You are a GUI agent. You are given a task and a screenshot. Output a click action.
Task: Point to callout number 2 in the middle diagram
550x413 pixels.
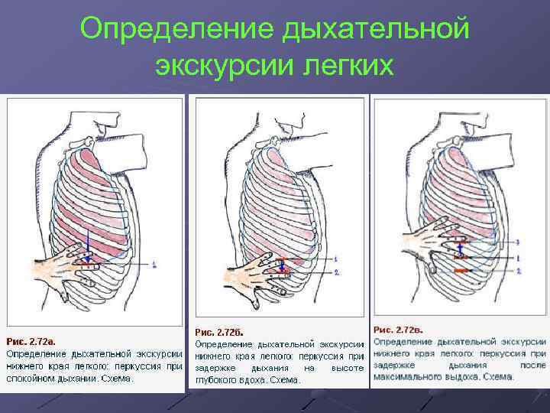337,272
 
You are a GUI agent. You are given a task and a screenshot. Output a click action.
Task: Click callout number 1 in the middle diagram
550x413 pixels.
337,259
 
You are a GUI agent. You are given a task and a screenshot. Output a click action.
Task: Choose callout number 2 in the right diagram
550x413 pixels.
519,271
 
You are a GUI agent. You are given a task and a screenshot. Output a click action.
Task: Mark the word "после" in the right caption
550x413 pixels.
532,365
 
